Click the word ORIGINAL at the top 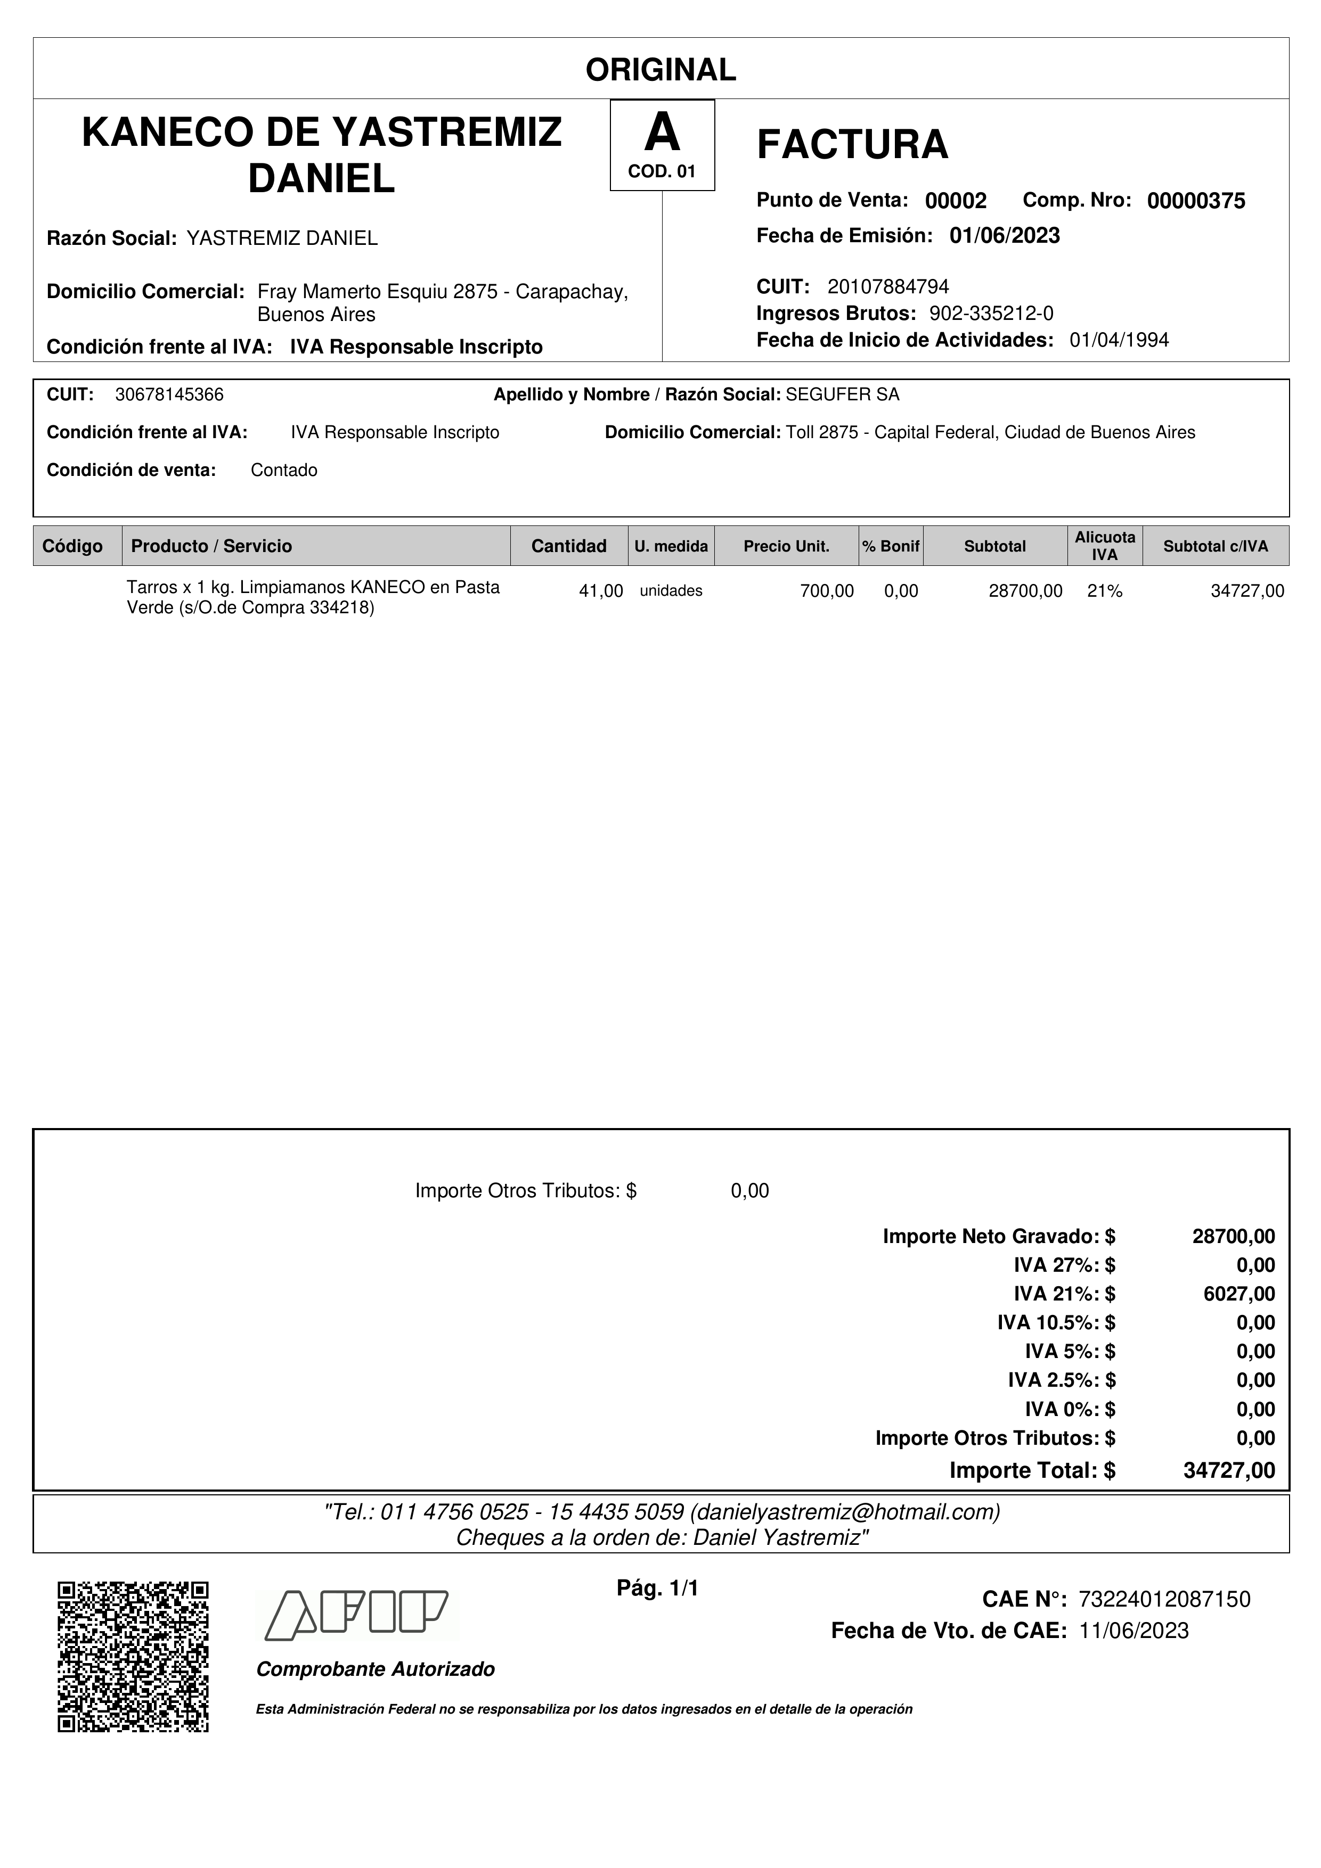click(660, 70)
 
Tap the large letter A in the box click(662, 133)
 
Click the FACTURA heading click(852, 145)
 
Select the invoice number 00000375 click(1196, 201)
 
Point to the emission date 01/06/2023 click(1005, 236)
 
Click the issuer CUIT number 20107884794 click(888, 286)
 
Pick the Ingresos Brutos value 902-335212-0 click(991, 313)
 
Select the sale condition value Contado click(284, 470)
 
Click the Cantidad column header click(568, 546)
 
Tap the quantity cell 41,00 click(601, 591)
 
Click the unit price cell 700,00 click(827, 591)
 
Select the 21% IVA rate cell click(1105, 591)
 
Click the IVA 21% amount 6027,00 click(1239, 1294)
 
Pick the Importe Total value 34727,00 click(1229, 1471)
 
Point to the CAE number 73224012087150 click(1164, 1600)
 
